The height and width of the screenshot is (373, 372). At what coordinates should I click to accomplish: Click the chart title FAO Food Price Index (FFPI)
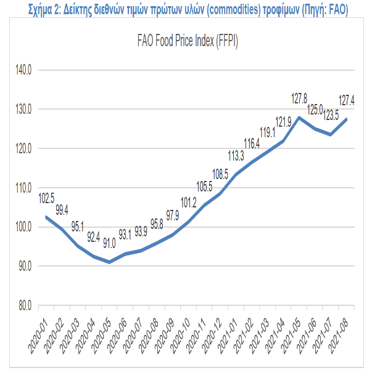pos(188,41)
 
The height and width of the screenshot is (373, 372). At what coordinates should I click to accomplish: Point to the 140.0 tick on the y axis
pos(23,70)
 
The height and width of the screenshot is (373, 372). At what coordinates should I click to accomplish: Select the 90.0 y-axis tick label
pos(25,266)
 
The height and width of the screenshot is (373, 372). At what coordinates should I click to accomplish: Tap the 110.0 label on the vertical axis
pos(23,188)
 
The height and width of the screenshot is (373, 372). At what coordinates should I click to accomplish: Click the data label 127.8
pos(299,98)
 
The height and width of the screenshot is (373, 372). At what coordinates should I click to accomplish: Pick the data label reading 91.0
pos(109,243)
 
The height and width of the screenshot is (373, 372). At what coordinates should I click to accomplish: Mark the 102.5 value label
pos(46,198)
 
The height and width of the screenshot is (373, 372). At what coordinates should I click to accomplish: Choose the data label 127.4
pos(347,100)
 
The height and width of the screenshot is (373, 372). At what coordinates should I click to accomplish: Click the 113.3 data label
pos(236,156)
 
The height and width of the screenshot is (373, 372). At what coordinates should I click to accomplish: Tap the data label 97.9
pos(172,215)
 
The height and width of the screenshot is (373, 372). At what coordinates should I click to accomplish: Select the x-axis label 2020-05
pos(101,337)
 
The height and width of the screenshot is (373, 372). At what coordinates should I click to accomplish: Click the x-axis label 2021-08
pos(338,337)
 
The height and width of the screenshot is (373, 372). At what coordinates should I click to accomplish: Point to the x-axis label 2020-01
pos(38,337)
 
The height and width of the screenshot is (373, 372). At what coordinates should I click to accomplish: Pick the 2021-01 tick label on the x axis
pos(228,337)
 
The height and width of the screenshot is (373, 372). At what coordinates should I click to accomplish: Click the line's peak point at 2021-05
pos(299,118)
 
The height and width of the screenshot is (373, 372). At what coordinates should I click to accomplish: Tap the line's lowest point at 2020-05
pos(109,262)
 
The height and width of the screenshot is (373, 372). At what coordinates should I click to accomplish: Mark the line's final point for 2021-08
pos(346,119)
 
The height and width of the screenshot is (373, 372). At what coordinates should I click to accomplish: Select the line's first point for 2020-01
pos(46,217)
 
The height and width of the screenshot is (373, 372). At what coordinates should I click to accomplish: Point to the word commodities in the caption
pos(234,9)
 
